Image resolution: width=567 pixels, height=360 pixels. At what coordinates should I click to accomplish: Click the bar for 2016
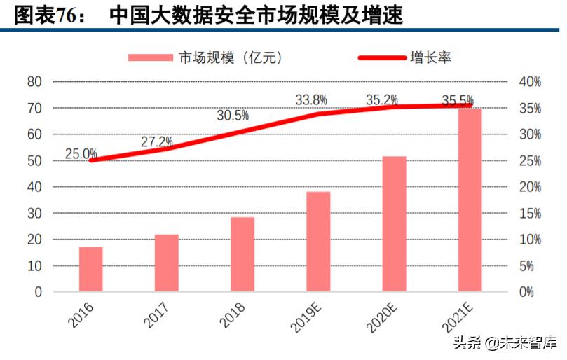point(91,269)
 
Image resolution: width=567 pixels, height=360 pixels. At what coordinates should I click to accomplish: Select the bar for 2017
point(167,263)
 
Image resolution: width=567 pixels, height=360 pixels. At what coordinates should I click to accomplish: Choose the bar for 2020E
point(394,223)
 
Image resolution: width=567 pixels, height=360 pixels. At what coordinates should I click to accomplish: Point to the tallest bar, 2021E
point(470,200)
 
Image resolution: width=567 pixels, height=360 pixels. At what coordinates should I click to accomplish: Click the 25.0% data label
point(81,153)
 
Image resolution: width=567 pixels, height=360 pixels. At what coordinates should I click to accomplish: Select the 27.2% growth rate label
point(157,141)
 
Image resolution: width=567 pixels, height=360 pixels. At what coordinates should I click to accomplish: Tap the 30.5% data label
point(233,116)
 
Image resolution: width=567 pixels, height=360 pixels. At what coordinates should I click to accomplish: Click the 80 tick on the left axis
point(34,82)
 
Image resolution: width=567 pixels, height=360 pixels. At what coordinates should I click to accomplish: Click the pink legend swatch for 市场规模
point(150,57)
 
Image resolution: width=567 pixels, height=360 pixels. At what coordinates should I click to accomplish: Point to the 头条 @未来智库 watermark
point(505,343)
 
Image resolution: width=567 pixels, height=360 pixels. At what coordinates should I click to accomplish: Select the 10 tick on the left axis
point(34,266)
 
